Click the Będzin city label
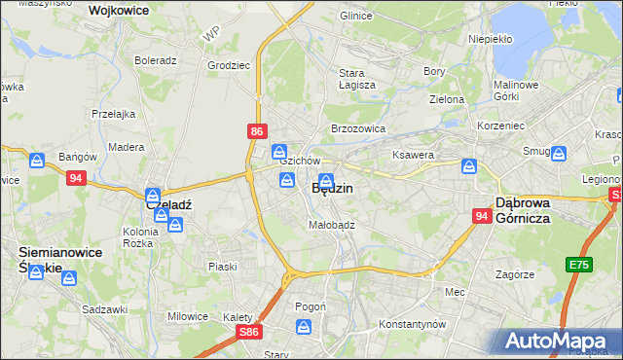(332, 189)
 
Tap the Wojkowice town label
(124, 11)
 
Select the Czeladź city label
(168, 205)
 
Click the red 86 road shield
(256, 130)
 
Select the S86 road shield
(249, 332)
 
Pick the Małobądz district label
(331, 224)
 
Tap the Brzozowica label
(358, 127)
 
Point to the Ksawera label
(412, 155)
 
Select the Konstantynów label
(412, 323)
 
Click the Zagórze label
(515, 274)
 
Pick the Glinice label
(356, 17)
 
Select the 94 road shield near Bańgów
(76, 178)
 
